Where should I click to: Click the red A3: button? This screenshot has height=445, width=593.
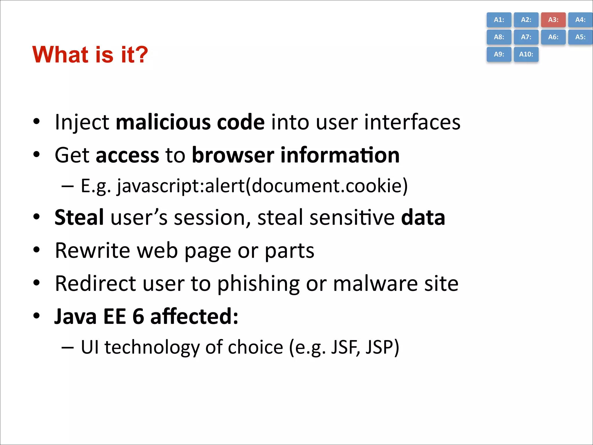click(x=553, y=20)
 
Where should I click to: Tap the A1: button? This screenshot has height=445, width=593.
click(x=499, y=20)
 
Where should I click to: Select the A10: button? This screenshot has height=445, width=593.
click(x=526, y=54)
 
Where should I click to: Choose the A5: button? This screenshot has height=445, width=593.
click(x=580, y=37)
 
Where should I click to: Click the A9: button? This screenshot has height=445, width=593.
click(x=499, y=54)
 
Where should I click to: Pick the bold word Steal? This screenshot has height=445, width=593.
click(x=79, y=217)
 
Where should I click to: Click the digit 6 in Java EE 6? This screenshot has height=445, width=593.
click(x=138, y=316)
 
